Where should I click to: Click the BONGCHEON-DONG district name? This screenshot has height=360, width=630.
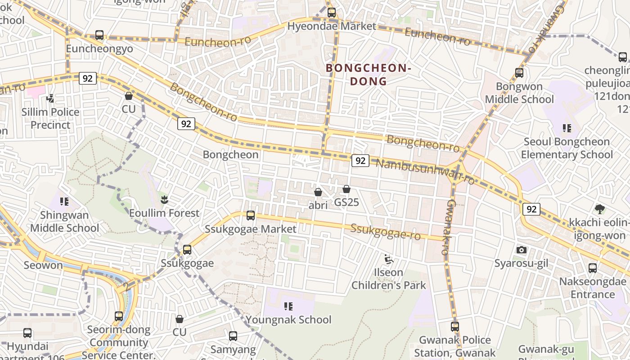[x=369, y=75]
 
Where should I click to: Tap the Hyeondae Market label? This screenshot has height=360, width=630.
[x=332, y=26]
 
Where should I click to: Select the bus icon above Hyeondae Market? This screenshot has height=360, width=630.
[x=332, y=13]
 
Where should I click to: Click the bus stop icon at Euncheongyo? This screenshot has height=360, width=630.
[x=99, y=35]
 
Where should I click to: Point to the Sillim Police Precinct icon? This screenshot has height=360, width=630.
[x=50, y=98]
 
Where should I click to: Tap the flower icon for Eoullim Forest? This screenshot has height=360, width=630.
[x=164, y=199]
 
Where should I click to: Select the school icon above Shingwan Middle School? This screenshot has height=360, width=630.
[x=64, y=201]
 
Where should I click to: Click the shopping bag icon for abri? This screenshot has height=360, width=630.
[x=318, y=192]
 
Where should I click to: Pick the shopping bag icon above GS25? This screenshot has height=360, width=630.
[x=346, y=189]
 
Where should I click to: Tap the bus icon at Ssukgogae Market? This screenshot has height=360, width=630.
[x=251, y=216]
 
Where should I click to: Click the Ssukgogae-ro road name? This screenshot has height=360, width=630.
[x=385, y=231]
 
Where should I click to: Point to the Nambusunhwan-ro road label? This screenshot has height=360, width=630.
[x=425, y=172]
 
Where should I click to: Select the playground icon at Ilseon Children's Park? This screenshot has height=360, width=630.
[x=388, y=259]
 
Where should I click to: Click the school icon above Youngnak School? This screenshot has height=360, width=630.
[x=288, y=306]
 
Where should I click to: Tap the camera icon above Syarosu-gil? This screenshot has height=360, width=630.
[x=522, y=250]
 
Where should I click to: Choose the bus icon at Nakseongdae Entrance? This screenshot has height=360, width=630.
[x=593, y=268]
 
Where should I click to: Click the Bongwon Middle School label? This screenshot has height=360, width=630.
[x=519, y=93]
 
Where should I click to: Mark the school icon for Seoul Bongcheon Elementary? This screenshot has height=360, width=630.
[x=567, y=128]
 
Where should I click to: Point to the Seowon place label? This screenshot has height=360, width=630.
[x=43, y=265]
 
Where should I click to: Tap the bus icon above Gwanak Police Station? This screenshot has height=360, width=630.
[x=455, y=327]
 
